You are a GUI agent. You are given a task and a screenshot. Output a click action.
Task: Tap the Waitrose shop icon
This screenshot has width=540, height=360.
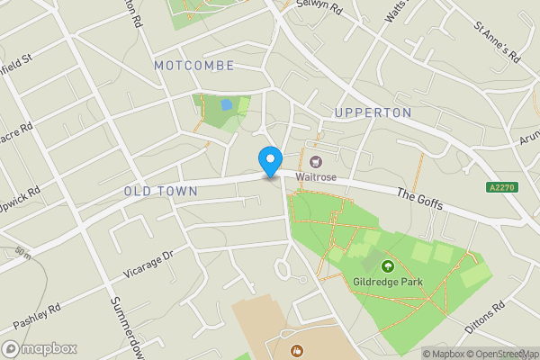[316, 162]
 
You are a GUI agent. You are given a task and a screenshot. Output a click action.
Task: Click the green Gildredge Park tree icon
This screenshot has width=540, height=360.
[388, 265]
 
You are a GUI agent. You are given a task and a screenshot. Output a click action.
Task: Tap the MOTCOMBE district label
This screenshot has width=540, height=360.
[193, 66]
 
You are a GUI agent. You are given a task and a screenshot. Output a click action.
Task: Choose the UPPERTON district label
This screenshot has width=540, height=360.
[372, 112]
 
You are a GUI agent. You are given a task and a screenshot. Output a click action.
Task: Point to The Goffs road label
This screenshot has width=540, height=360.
[419, 199]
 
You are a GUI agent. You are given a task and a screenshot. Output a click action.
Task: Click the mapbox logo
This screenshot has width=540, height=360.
[40, 348]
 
